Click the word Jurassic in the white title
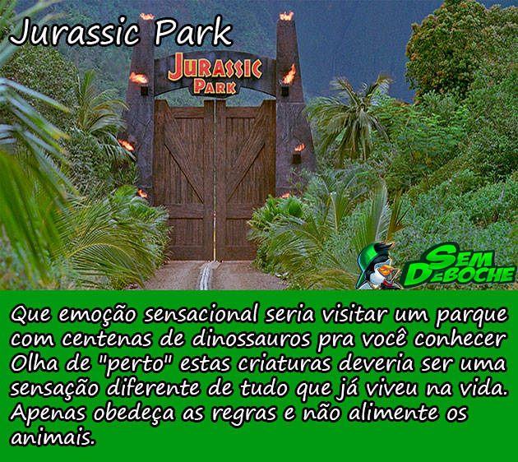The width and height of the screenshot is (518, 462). tap(75, 33)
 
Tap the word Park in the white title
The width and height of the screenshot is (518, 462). tap(194, 32)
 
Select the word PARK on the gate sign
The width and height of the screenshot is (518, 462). tap(215, 86)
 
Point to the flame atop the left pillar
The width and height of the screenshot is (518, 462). tap(146, 16)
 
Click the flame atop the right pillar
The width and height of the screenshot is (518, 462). tap(286, 16)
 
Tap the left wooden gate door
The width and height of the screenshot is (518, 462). tap(183, 180)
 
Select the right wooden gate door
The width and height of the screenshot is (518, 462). tap(246, 180)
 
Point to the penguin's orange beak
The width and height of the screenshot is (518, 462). tap(386, 271)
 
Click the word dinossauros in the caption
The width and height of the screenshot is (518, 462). tap(252, 339)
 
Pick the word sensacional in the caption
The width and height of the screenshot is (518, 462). tap(201, 314)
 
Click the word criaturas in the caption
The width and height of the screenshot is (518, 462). tap(284, 363)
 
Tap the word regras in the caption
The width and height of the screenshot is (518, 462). tap(244, 414)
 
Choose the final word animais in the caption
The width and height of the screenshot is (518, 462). tap(53, 437)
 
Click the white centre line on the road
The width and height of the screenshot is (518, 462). tap(206, 275)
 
